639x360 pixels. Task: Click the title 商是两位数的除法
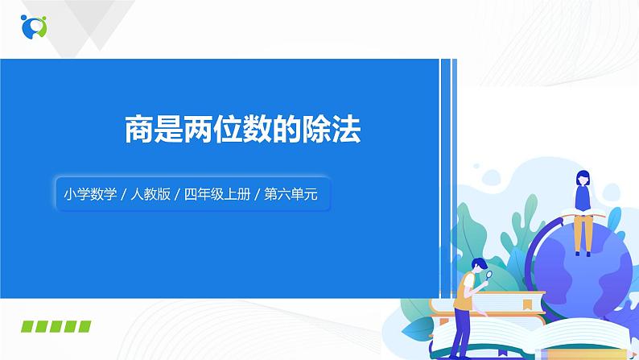pos(242,128)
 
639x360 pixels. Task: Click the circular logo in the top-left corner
pos(34,26)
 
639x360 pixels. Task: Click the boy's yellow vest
pos(464,291)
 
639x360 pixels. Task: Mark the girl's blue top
pos(583,197)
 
